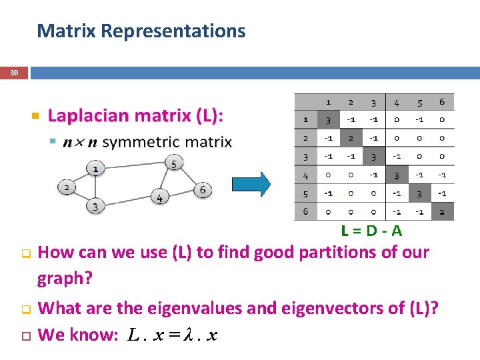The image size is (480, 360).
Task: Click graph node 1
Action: pyautogui.click(x=96, y=169)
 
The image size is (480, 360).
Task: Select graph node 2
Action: pyautogui.click(x=67, y=187)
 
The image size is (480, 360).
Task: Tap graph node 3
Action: pyautogui.click(x=95, y=207)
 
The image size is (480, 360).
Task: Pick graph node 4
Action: pyautogui.click(x=159, y=198)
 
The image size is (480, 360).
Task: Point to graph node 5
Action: pyautogui.click(x=173, y=163)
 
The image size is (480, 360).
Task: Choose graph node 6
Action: pyautogui.click(x=203, y=190)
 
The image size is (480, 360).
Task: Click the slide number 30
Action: pyautogui.click(x=14, y=73)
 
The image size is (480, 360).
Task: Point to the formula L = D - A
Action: pyautogui.click(x=371, y=231)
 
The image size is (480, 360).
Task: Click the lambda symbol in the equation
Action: pyautogui.click(x=189, y=335)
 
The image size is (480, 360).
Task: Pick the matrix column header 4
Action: pyautogui.click(x=396, y=102)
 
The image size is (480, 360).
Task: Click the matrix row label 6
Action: pyautogui.click(x=305, y=211)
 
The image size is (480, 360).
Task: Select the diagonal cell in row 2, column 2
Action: pyautogui.click(x=351, y=138)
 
